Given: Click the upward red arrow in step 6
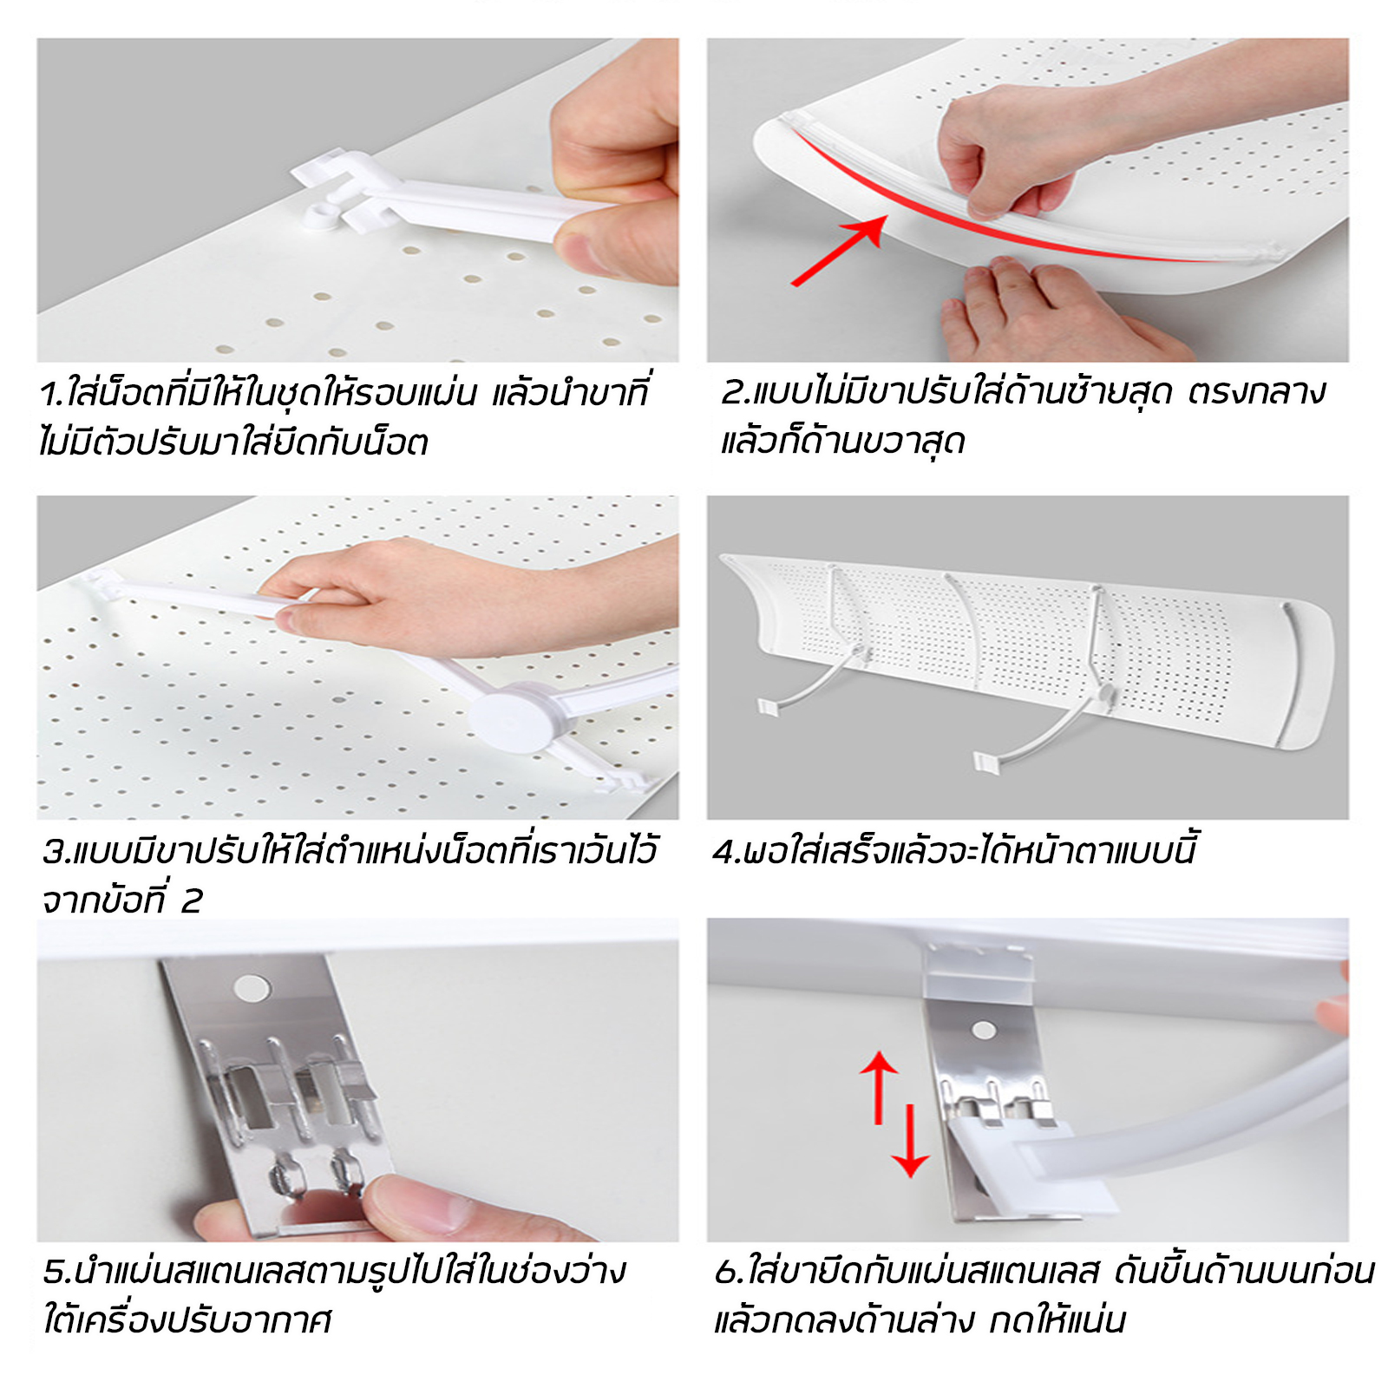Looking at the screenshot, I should (x=879, y=1084).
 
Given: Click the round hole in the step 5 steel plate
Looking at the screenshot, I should (x=252, y=988).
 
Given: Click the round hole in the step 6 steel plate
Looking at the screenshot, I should (x=984, y=1030).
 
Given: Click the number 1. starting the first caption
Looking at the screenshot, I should (x=52, y=395).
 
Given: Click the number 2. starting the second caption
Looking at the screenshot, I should (x=734, y=393).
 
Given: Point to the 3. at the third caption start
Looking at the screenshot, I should (x=56, y=852).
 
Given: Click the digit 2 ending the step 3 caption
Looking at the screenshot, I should (x=191, y=901).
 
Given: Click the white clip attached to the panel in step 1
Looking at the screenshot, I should (x=334, y=195).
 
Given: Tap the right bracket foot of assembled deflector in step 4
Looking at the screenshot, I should (x=986, y=763).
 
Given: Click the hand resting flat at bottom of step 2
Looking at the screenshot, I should (x=1041, y=312).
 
